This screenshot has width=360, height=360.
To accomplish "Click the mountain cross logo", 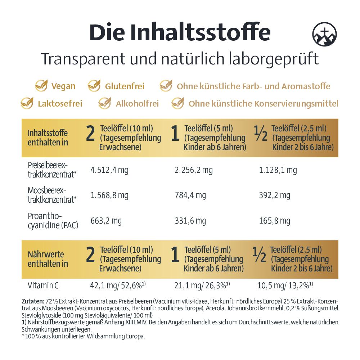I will coord(324,35).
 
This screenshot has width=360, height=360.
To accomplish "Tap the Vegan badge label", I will coord(63,86).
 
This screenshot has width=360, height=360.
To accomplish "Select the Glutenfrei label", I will coord(125,86).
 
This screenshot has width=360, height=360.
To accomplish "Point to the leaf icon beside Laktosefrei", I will coord(27,104).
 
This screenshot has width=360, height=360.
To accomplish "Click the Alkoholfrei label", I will coord(137,104).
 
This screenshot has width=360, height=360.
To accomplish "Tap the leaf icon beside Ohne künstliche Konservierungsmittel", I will coord(178,104).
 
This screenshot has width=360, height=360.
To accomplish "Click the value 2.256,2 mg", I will coord(194,170).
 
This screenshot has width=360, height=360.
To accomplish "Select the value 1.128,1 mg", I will coord(278,170).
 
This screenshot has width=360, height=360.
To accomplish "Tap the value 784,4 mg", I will coord(190,195).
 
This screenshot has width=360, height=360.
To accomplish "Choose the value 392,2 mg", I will coord(274,195).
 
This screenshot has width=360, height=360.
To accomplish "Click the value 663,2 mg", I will coord(106,221).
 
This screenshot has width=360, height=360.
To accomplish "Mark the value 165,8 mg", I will coord(274,221).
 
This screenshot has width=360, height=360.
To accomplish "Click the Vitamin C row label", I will coord(43,286).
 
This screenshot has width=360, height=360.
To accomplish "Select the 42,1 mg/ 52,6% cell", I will coord(117,285).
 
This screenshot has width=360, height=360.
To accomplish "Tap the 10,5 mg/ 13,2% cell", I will coord(285,285).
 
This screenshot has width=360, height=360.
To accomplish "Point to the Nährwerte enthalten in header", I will coord(48,259).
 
